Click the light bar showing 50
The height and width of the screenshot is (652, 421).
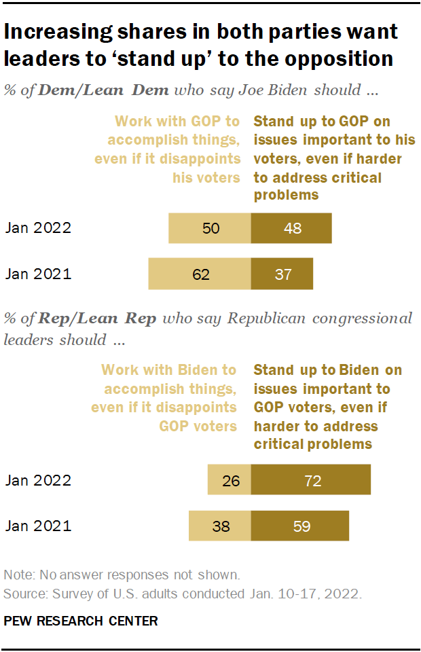[x=210, y=228]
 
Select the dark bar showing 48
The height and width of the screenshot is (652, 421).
[x=291, y=228]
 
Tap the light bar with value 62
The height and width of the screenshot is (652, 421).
[x=200, y=274]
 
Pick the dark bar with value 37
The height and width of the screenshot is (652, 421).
[x=282, y=274]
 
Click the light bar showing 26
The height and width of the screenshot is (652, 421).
[x=230, y=481]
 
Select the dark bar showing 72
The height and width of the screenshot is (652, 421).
[x=311, y=481]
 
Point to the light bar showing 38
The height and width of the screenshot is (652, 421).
[x=219, y=526]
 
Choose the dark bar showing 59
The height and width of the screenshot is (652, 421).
[x=300, y=526]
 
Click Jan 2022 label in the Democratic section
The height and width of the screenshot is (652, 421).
[x=38, y=228]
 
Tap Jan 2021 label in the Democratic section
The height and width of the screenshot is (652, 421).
[x=38, y=274]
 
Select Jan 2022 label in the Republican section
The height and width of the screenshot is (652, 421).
[x=38, y=481]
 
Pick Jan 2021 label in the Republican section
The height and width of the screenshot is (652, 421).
[x=38, y=526]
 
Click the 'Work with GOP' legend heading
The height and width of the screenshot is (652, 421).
[x=177, y=122]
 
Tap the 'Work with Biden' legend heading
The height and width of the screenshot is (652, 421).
[x=168, y=371]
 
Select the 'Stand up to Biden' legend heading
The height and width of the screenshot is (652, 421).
[x=327, y=371]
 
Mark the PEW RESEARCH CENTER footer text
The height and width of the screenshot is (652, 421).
[x=81, y=621]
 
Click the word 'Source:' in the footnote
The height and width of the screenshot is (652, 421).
[x=22, y=595]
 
